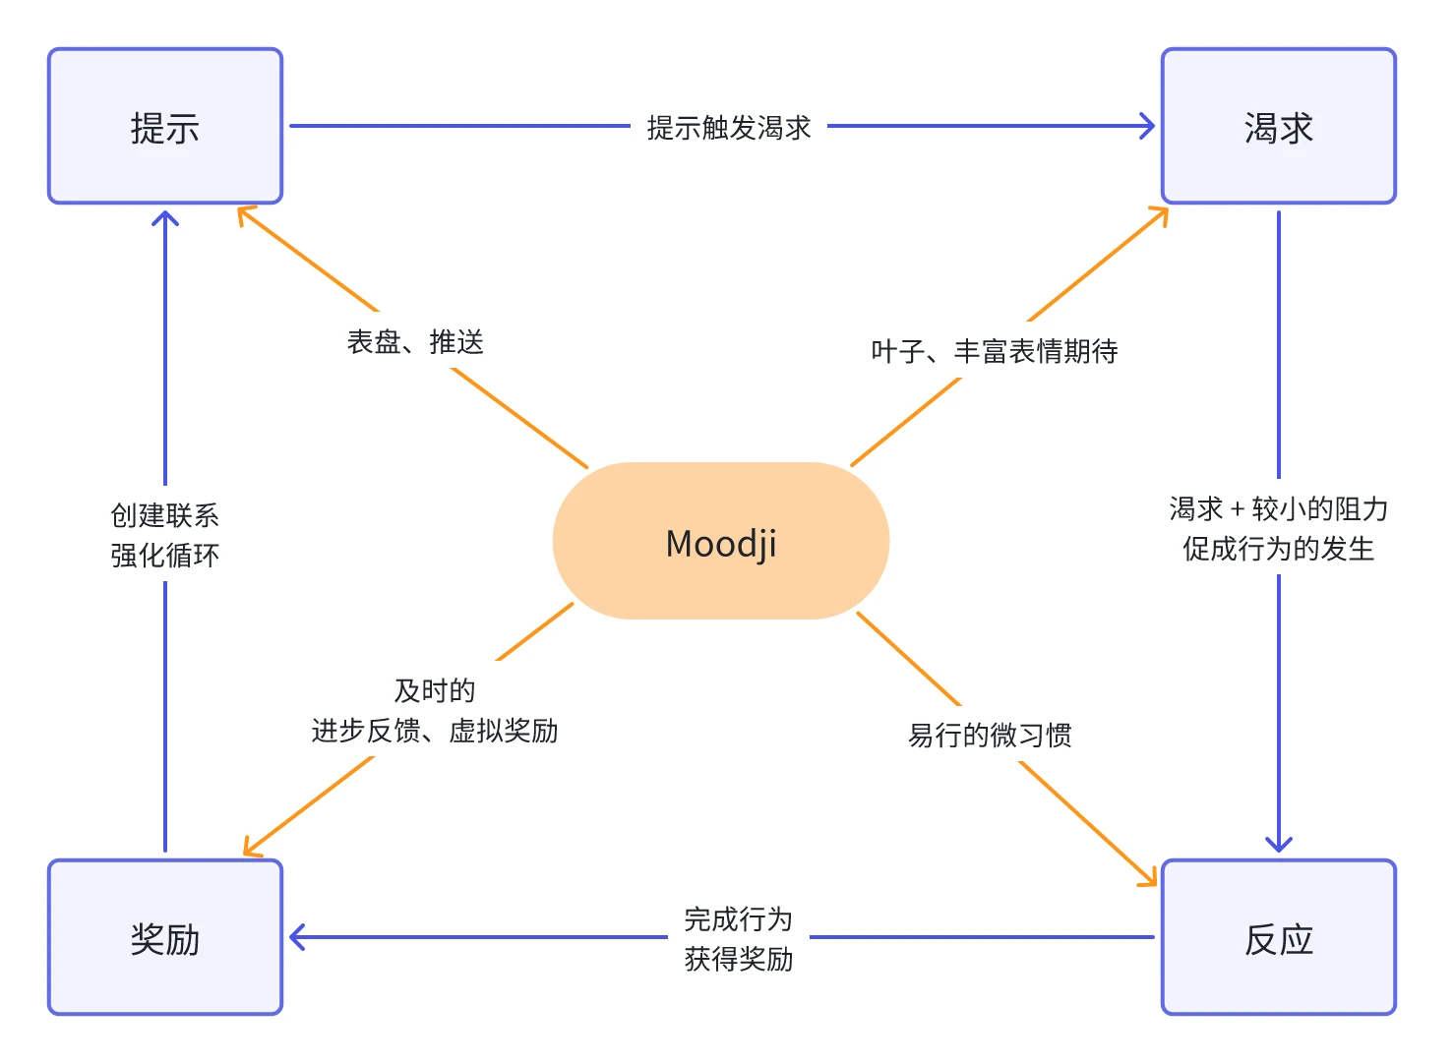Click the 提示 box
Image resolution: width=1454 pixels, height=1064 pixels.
pyautogui.click(x=165, y=127)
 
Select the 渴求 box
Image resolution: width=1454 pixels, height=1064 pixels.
pyautogui.click(x=1278, y=127)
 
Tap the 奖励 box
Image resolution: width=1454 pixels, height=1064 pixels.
pyautogui.click(x=165, y=938)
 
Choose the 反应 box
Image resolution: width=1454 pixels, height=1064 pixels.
pyautogui.click(x=1278, y=938)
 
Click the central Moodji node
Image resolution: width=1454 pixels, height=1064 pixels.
pyautogui.click(x=721, y=541)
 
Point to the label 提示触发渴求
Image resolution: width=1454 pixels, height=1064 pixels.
pyautogui.click(x=729, y=127)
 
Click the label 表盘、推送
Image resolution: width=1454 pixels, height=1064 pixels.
pyautogui.click(x=415, y=341)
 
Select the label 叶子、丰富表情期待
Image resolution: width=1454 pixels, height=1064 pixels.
pyautogui.click(x=994, y=350)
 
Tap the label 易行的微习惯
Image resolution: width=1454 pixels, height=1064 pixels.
pyautogui.click(x=990, y=735)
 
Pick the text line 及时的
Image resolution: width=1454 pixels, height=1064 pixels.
pyautogui.click(x=435, y=690)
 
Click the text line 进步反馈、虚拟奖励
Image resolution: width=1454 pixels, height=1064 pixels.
pyautogui.click(x=435, y=731)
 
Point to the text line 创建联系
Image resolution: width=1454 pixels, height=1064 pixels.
pyautogui.click(x=165, y=514)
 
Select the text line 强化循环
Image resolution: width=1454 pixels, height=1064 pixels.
pyautogui.click(x=165, y=555)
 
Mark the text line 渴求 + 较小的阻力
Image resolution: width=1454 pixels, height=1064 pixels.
pyautogui.click(x=1278, y=508)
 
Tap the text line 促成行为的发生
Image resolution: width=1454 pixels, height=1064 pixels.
pyautogui.click(x=1278, y=548)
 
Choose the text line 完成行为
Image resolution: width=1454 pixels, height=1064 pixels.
pyautogui.click(x=738, y=918)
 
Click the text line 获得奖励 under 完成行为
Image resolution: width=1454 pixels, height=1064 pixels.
pyautogui.click(x=738, y=958)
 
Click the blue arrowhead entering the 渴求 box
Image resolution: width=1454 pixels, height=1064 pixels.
pyautogui.click(x=1147, y=126)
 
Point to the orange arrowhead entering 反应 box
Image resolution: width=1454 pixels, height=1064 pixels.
pyautogui.click(x=1149, y=878)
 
